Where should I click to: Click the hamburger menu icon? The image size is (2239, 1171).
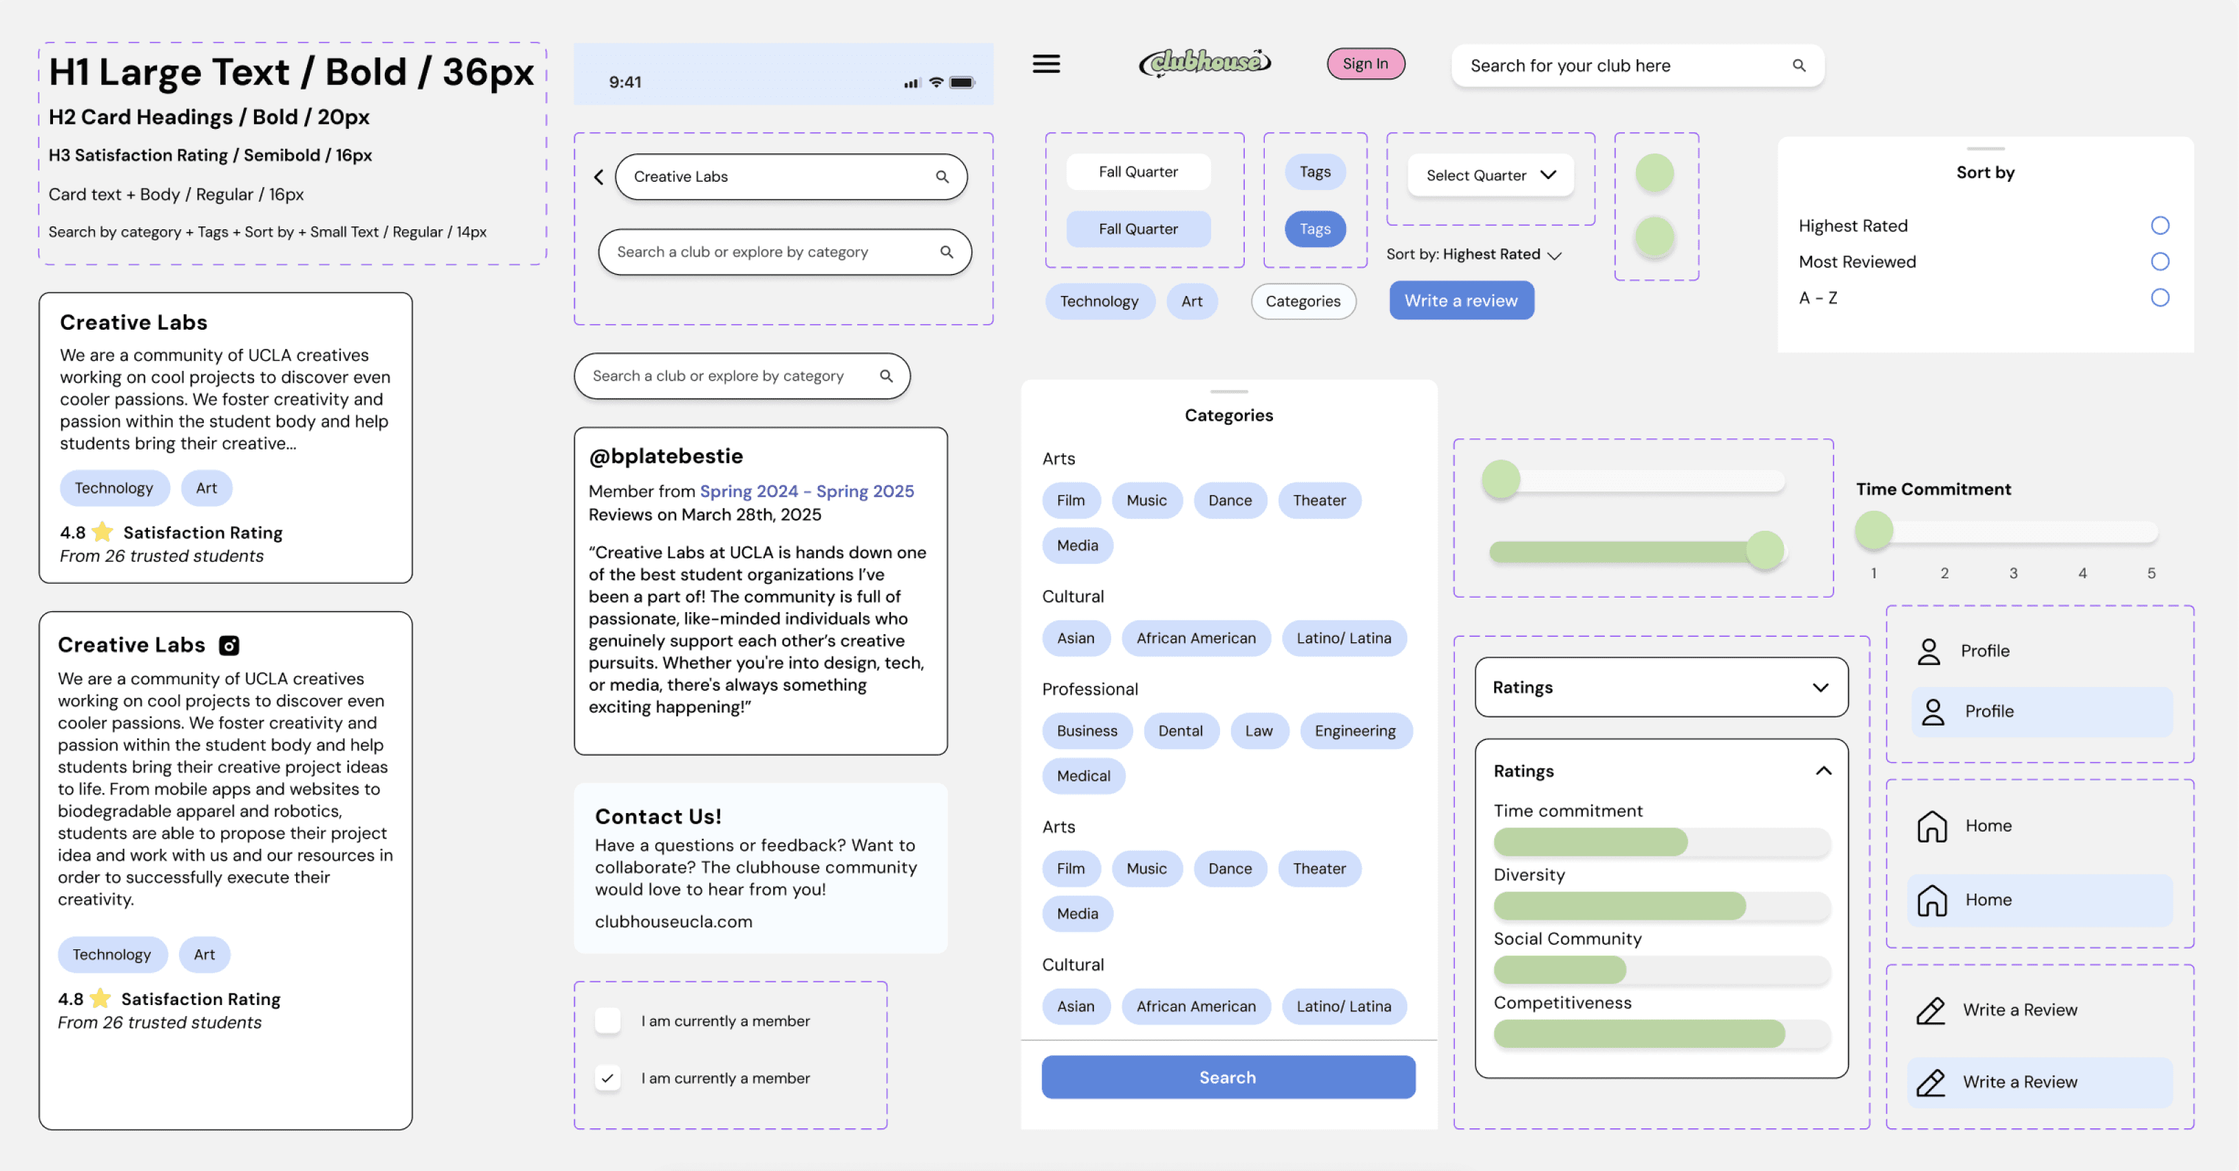click(1046, 64)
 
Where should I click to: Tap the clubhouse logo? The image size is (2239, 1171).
click(1205, 63)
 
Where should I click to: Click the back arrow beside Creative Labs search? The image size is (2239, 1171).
click(599, 178)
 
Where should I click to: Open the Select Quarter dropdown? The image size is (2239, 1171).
click(1490, 175)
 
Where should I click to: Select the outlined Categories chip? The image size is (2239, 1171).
click(1302, 302)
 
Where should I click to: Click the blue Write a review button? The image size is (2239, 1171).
click(1460, 301)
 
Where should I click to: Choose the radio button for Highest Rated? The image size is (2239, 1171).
click(2159, 226)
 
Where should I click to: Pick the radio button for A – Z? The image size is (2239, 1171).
click(2159, 298)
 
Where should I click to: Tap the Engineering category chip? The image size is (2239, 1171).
click(1354, 731)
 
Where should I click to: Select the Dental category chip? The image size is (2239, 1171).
click(1179, 731)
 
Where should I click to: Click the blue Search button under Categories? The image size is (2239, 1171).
click(1228, 1077)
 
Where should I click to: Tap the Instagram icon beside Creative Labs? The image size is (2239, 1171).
click(229, 645)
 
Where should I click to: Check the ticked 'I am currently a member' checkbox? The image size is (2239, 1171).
click(607, 1078)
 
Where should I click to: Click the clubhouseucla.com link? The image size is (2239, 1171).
click(673, 922)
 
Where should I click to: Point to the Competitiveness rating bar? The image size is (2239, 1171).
click(1660, 1033)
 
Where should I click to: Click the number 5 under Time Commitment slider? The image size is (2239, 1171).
click(2151, 573)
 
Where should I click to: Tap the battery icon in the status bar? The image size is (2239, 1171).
click(961, 83)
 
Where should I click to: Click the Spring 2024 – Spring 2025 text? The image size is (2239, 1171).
click(807, 491)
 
